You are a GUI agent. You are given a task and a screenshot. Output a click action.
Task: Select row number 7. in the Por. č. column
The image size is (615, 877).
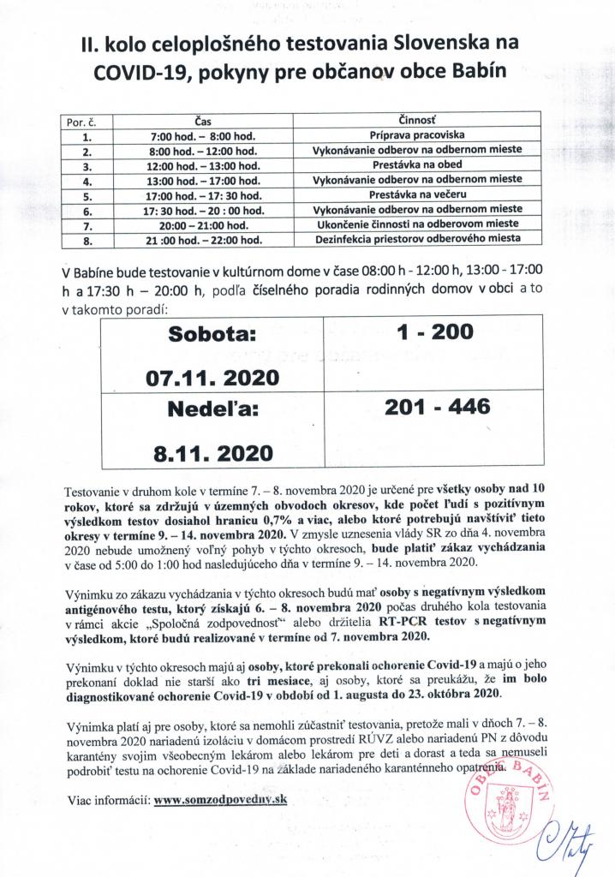(86, 224)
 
